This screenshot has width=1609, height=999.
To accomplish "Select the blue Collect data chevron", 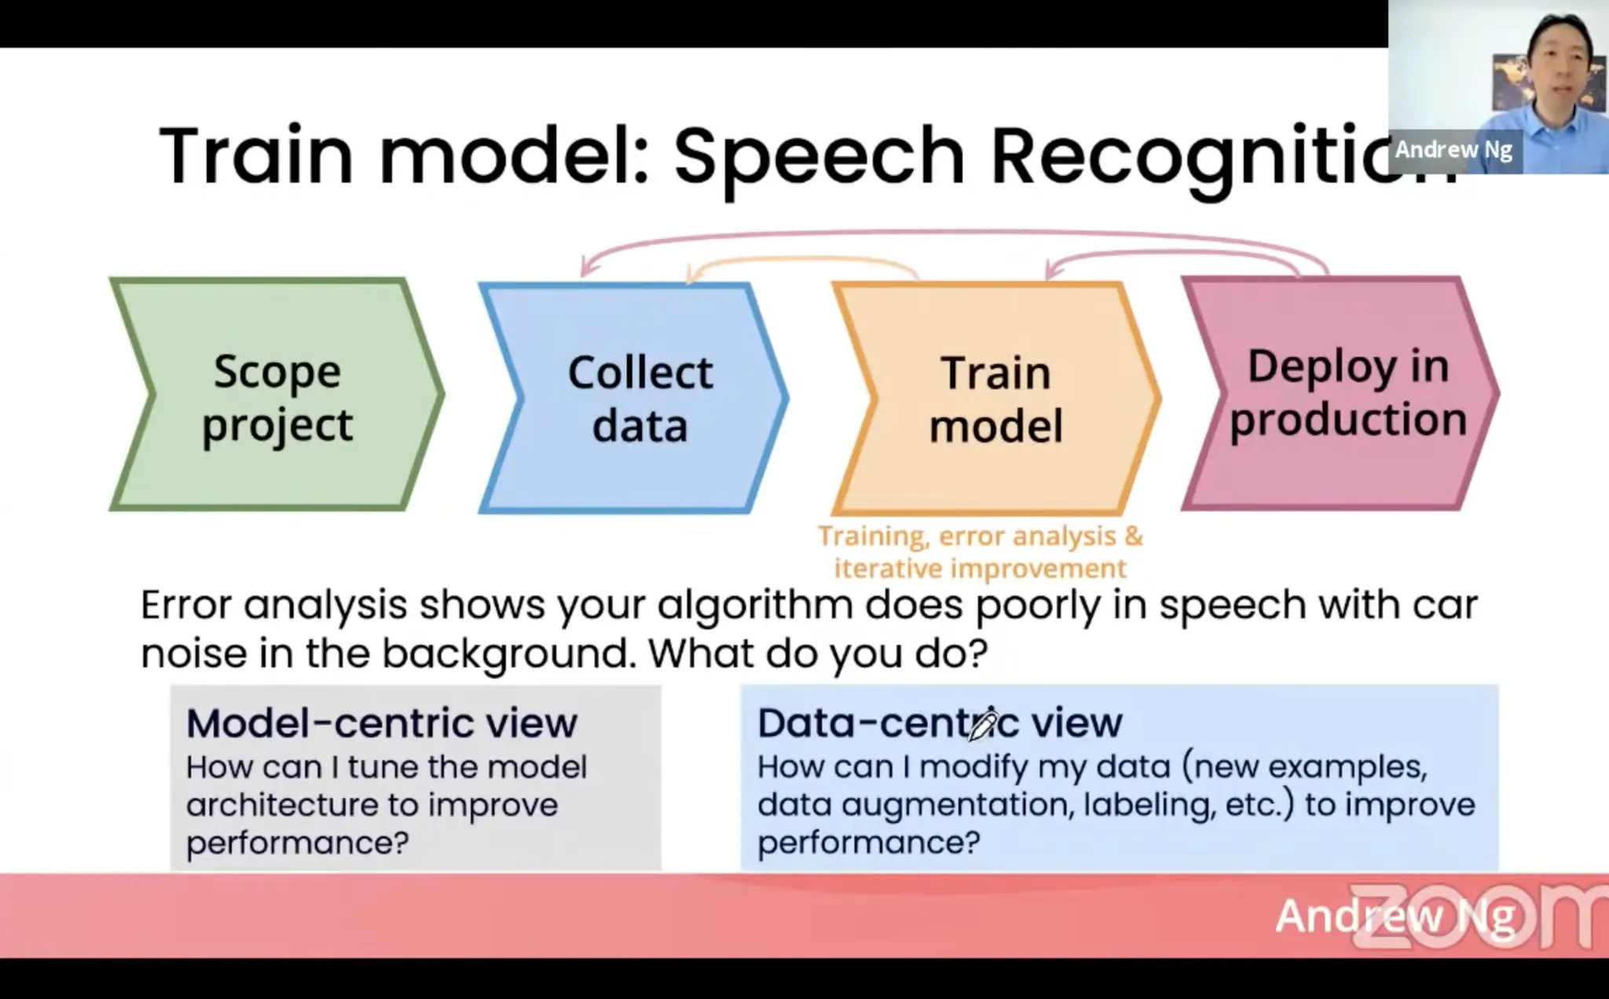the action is [x=633, y=397].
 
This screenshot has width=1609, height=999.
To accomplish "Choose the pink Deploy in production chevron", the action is [x=1340, y=393].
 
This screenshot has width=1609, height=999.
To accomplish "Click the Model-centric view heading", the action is [x=382, y=723].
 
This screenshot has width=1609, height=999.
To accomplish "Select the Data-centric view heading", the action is [x=940, y=723].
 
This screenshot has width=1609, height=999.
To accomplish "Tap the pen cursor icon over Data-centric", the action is [x=982, y=725].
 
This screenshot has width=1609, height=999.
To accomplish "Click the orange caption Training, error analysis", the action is [x=980, y=536].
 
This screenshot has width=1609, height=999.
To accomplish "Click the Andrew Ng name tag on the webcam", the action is [x=1453, y=149].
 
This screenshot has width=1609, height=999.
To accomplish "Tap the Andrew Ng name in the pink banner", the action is [x=1395, y=916].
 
